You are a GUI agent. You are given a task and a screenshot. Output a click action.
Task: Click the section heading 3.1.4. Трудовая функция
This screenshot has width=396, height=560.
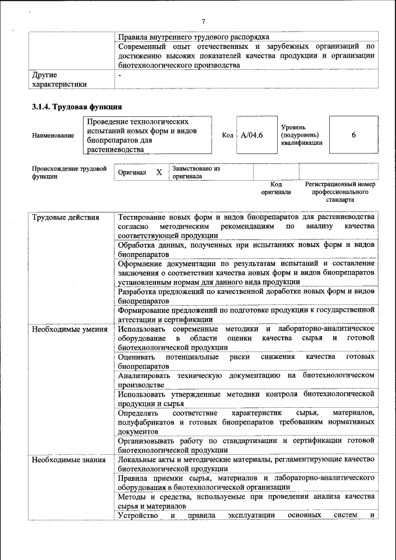coord(76,106)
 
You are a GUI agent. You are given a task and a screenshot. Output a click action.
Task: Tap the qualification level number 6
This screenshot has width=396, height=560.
coord(353,135)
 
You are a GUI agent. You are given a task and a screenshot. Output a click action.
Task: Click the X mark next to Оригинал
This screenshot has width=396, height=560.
coord(158,173)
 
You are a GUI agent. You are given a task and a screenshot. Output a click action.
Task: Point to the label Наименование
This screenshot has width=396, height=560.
coord(53,136)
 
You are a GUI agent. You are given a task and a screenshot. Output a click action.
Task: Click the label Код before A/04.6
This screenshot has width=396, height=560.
coord(227,135)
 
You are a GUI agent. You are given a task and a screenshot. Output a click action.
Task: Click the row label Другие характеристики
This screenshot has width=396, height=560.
coord(59,80)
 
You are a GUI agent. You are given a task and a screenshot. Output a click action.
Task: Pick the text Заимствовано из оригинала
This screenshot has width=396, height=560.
coord(196,172)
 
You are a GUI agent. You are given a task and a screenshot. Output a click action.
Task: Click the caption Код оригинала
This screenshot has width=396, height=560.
coord(276,188)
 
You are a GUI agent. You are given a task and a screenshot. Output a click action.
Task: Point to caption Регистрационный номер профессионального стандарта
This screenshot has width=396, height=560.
coord(340,192)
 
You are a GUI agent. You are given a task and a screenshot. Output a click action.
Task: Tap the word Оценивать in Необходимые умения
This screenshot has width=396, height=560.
coord(139,357)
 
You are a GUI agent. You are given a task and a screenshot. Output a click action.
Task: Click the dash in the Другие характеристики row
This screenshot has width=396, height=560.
coord(120,75)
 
